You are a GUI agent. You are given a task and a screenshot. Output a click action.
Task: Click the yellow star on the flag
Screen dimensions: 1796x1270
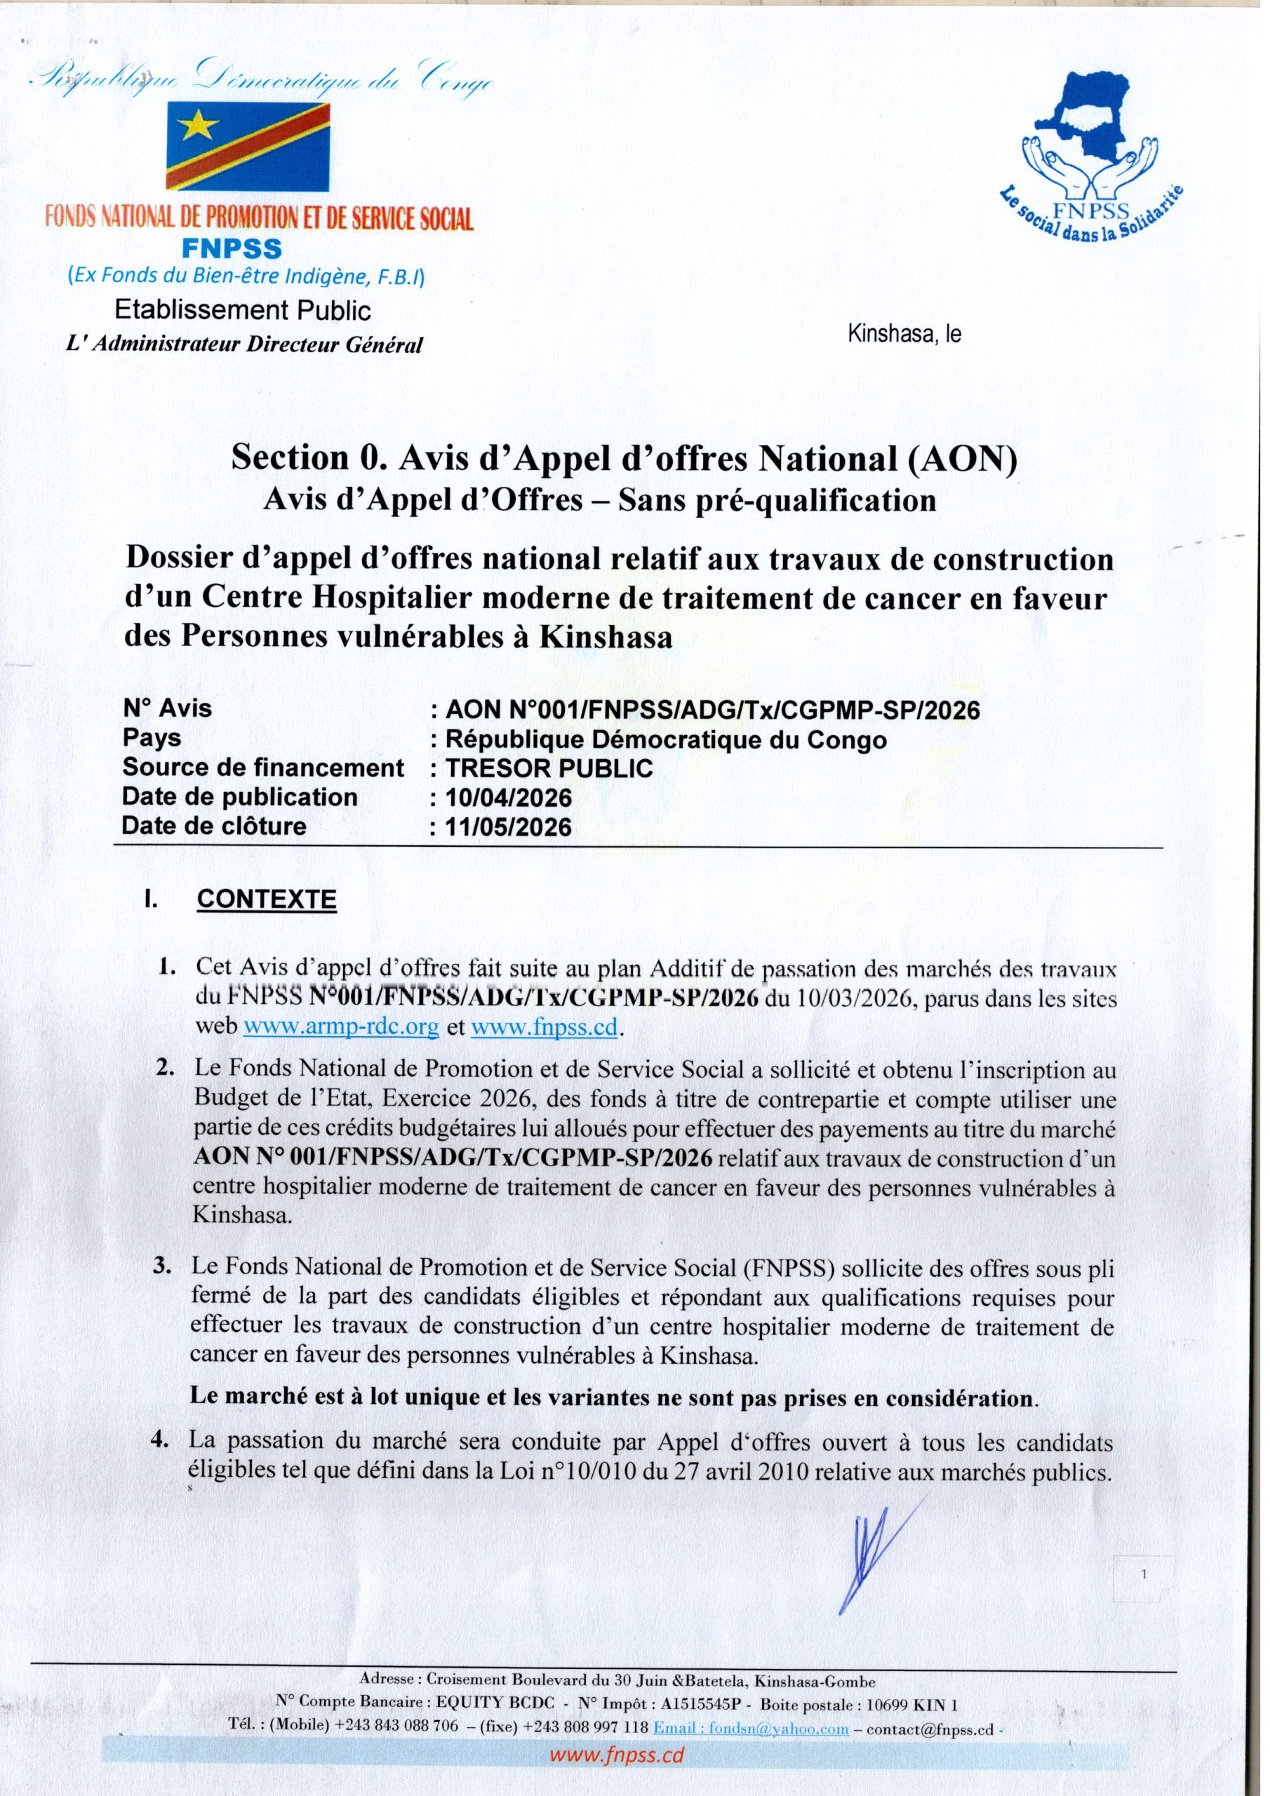(x=201, y=123)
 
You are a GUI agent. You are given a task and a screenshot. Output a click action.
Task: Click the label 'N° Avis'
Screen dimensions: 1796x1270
(x=167, y=708)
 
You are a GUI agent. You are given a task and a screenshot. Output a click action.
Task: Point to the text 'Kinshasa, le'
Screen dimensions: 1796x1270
(x=904, y=334)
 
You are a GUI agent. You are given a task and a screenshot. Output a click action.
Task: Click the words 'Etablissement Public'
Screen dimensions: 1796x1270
(x=243, y=311)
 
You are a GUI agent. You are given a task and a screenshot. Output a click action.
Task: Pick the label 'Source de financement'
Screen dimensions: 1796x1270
(x=263, y=768)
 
